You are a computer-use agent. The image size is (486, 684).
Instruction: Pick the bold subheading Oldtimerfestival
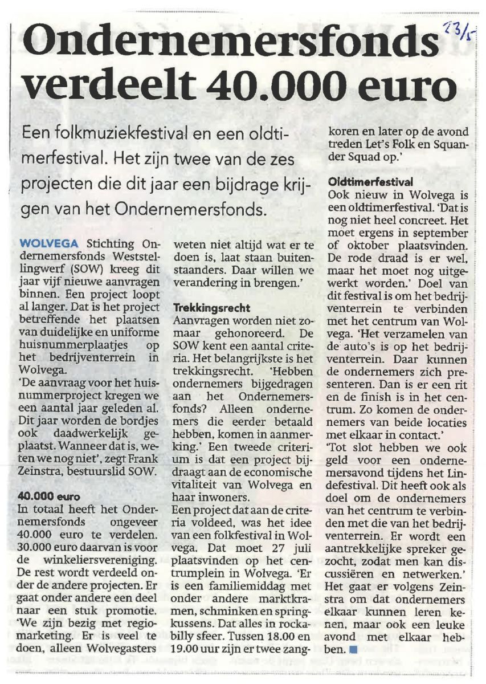[x=370, y=182]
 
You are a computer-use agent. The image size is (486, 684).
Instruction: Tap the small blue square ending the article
[x=353, y=649]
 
